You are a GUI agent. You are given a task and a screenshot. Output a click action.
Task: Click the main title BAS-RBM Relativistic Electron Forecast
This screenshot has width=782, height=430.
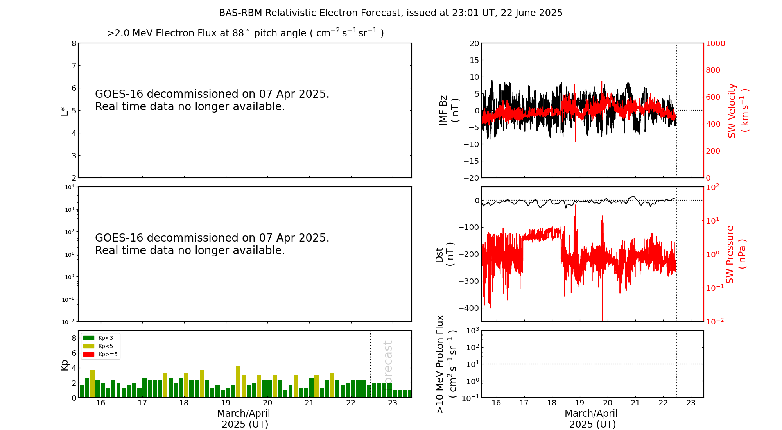point(390,13)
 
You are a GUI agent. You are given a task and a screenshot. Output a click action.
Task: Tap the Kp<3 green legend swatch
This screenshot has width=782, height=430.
point(89,338)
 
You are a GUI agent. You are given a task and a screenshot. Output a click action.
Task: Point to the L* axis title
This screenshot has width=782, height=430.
point(64,111)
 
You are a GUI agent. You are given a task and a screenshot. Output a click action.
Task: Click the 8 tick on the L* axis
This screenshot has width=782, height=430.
point(74,43)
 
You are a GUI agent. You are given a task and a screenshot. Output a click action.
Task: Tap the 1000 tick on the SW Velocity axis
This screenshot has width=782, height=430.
point(715,43)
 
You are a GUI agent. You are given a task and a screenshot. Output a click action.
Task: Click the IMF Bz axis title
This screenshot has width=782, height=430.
point(449,111)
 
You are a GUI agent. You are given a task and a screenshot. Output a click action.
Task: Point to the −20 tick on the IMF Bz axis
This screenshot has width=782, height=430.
point(471,178)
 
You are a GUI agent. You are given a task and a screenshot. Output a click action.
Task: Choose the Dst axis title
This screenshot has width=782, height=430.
point(445,254)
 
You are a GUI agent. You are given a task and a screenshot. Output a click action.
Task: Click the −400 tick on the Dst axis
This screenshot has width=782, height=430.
point(468,308)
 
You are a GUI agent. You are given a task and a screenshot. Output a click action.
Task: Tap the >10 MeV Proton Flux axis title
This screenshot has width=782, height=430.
point(446,364)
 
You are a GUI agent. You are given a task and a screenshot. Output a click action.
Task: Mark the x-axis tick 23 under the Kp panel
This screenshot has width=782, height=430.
point(393,403)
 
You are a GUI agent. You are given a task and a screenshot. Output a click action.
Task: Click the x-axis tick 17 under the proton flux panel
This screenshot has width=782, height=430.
point(524,403)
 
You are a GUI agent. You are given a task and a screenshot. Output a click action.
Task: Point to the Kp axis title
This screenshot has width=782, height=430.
point(64,365)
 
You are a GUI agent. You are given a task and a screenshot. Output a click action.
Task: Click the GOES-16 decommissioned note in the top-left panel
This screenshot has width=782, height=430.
point(212,100)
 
